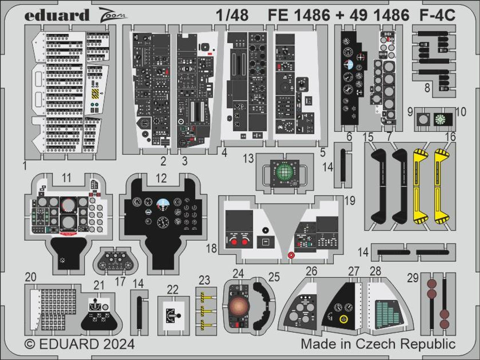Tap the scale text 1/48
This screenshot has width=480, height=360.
pos(232,15)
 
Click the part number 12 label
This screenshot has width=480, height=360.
pos(161,178)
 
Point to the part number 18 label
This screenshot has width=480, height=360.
pos(211,248)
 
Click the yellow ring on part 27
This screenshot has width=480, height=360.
pos(342,319)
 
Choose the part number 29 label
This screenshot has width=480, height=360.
pos(412,278)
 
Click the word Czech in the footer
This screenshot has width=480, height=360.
pos(384,343)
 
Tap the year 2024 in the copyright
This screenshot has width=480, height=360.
pos(116,343)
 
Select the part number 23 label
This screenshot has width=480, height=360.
pos(204,280)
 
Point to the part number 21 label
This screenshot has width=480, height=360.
pos(99,285)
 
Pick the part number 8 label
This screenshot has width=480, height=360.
pos(427,88)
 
